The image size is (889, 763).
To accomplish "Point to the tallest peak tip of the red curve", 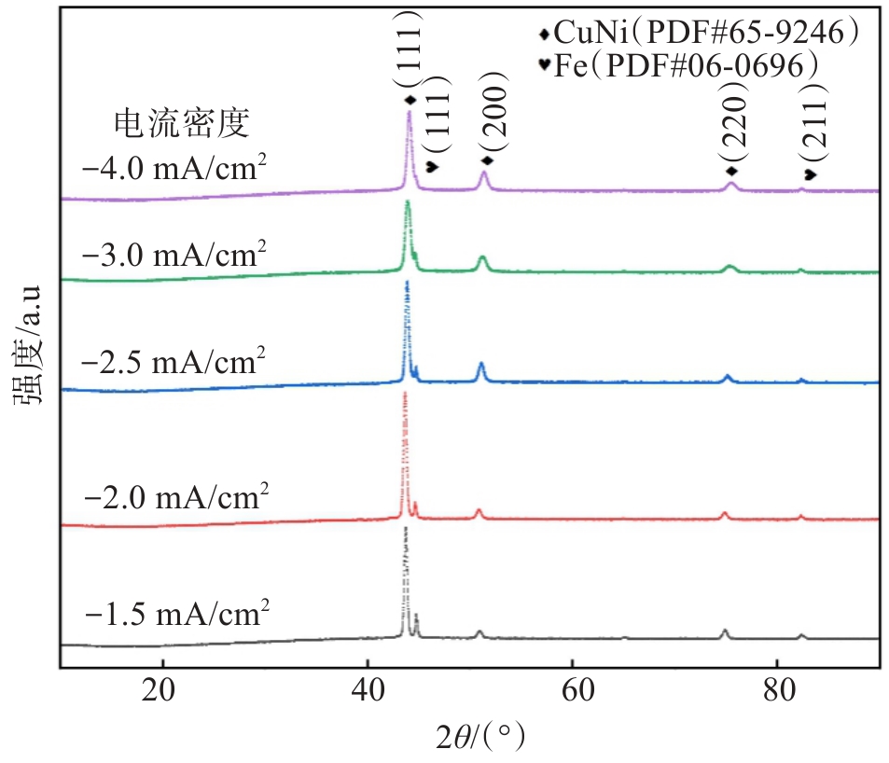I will [405, 393].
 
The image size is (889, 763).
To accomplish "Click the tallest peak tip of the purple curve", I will [409, 112].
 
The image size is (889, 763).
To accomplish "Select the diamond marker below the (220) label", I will [732, 171].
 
